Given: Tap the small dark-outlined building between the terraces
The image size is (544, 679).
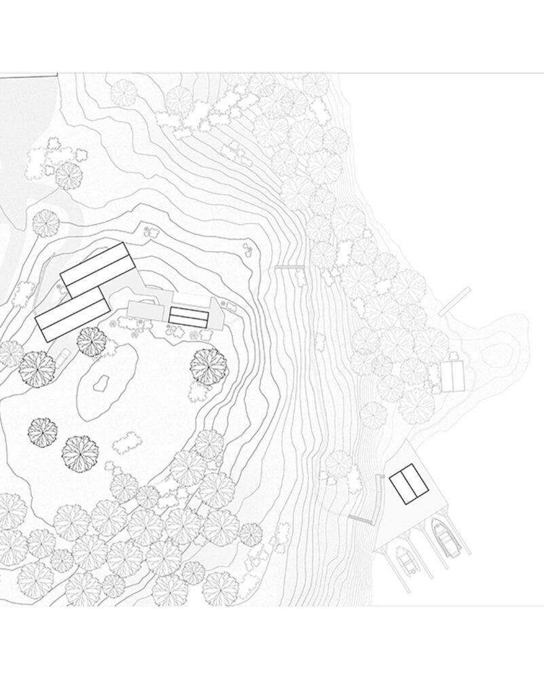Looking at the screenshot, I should [x=188, y=316].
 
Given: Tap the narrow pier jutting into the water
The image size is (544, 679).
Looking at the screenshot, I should [x=454, y=301].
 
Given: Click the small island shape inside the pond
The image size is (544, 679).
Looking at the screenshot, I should [x=101, y=385].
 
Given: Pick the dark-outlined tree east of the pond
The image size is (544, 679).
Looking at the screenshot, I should [x=208, y=365].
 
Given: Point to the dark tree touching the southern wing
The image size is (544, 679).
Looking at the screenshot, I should [x=92, y=341].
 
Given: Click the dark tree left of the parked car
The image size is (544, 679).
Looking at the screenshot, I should [x=37, y=367].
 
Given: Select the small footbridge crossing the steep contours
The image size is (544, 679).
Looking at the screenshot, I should [x=288, y=268].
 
